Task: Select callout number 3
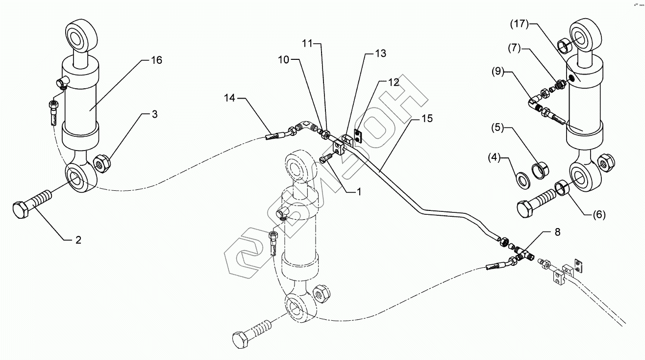(154, 115)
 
